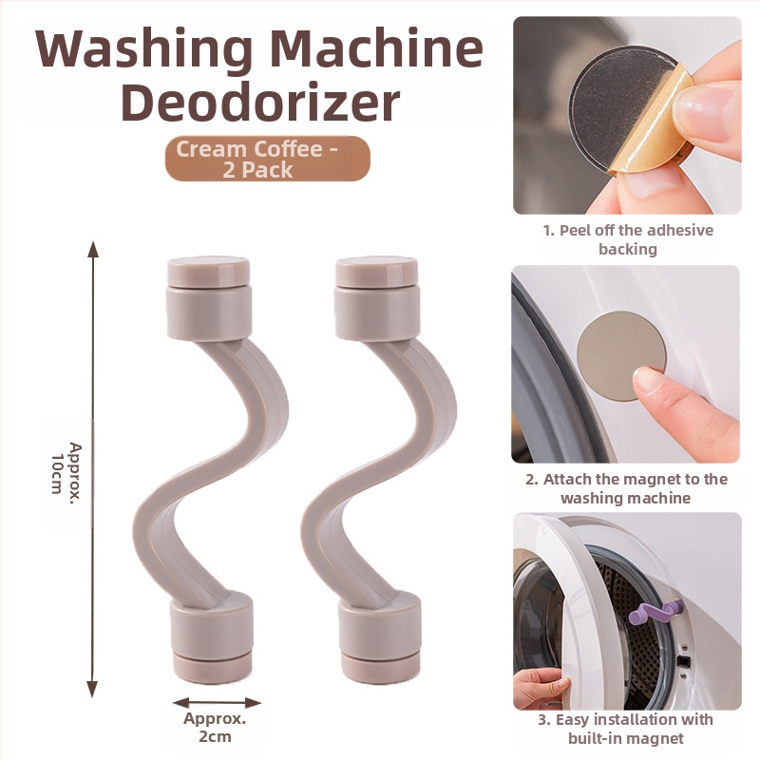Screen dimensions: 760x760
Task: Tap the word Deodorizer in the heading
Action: click(x=260, y=104)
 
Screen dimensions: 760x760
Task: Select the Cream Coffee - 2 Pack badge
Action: click(x=268, y=159)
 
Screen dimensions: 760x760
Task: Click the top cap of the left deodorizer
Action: click(x=209, y=272)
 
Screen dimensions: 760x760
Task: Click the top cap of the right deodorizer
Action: click(x=376, y=272)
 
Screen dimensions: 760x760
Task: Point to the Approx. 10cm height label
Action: click(x=66, y=467)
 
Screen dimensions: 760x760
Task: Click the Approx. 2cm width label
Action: click(x=215, y=727)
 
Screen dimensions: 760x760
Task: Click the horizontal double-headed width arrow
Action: click(x=217, y=702)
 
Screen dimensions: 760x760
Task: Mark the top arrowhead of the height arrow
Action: click(x=92, y=249)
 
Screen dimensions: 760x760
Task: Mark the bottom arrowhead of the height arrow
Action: click(x=92, y=689)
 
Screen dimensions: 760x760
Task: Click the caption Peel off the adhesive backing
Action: click(x=628, y=239)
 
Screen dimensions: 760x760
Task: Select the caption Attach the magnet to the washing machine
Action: click(x=626, y=488)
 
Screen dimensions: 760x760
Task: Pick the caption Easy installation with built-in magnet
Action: click(x=626, y=729)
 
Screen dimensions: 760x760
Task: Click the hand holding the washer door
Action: click(x=541, y=687)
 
